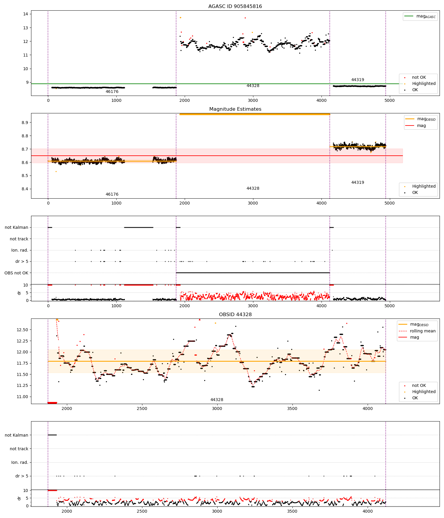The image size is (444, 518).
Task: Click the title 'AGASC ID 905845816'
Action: [x=235, y=7]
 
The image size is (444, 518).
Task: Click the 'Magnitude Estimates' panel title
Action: [x=235, y=109]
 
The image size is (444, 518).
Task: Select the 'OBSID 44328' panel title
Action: [x=235, y=315]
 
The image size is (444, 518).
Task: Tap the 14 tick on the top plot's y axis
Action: [x=25, y=14]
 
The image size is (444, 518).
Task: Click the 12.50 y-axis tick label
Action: [x=22, y=330]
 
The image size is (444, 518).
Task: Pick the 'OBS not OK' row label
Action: [x=16, y=273]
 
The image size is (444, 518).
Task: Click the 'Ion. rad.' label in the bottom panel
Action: [x=20, y=462]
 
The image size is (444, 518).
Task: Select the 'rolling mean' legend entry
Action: [x=422, y=331]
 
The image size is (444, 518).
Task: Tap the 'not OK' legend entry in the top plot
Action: [x=419, y=78]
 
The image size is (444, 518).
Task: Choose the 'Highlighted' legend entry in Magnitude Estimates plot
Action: [x=424, y=186]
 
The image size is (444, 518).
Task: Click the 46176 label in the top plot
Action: [x=112, y=92]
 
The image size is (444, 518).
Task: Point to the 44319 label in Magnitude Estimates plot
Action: [x=358, y=183]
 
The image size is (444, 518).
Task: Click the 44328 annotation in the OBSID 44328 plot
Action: [x=217, y=400]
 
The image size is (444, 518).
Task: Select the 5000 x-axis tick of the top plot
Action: [x=390, y=100]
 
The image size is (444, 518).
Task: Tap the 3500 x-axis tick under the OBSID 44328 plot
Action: [x=292, y=408]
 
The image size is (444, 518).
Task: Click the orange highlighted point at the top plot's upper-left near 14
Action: [x=180, y=18]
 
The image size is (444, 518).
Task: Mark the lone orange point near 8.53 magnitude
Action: [x=56, y=172]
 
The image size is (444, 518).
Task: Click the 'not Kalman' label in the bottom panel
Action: [x=16, y=435]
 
